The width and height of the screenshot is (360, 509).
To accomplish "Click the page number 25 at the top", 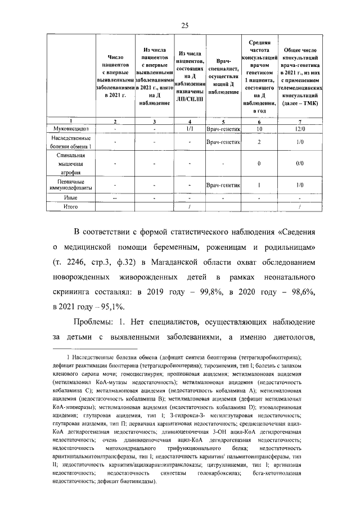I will coord(184,25).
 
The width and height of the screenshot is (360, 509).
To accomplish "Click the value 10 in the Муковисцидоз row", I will coord(259,129).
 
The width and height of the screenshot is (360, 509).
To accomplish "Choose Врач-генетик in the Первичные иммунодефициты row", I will coord(223,184).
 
